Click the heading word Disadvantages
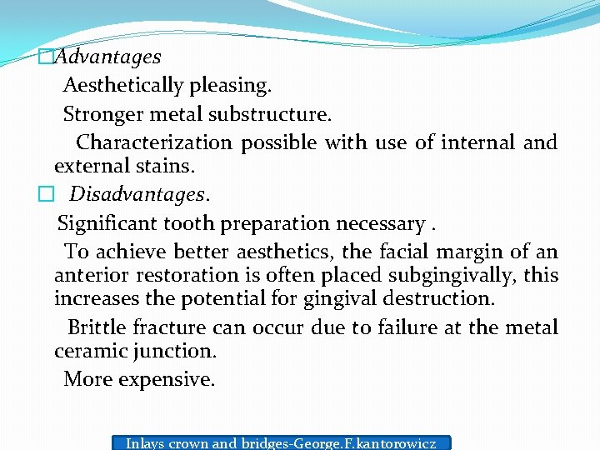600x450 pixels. (139, 194)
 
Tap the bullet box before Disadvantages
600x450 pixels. (45, 194)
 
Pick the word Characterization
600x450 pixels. (154, 142)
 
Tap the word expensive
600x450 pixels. (167, 379)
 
